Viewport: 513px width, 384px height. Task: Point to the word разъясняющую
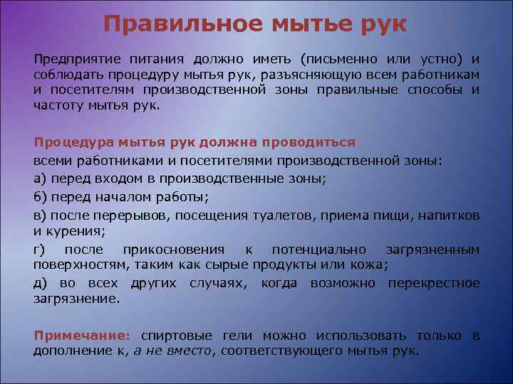point(316,75)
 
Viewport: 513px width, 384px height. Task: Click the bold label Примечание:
point(82,335)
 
